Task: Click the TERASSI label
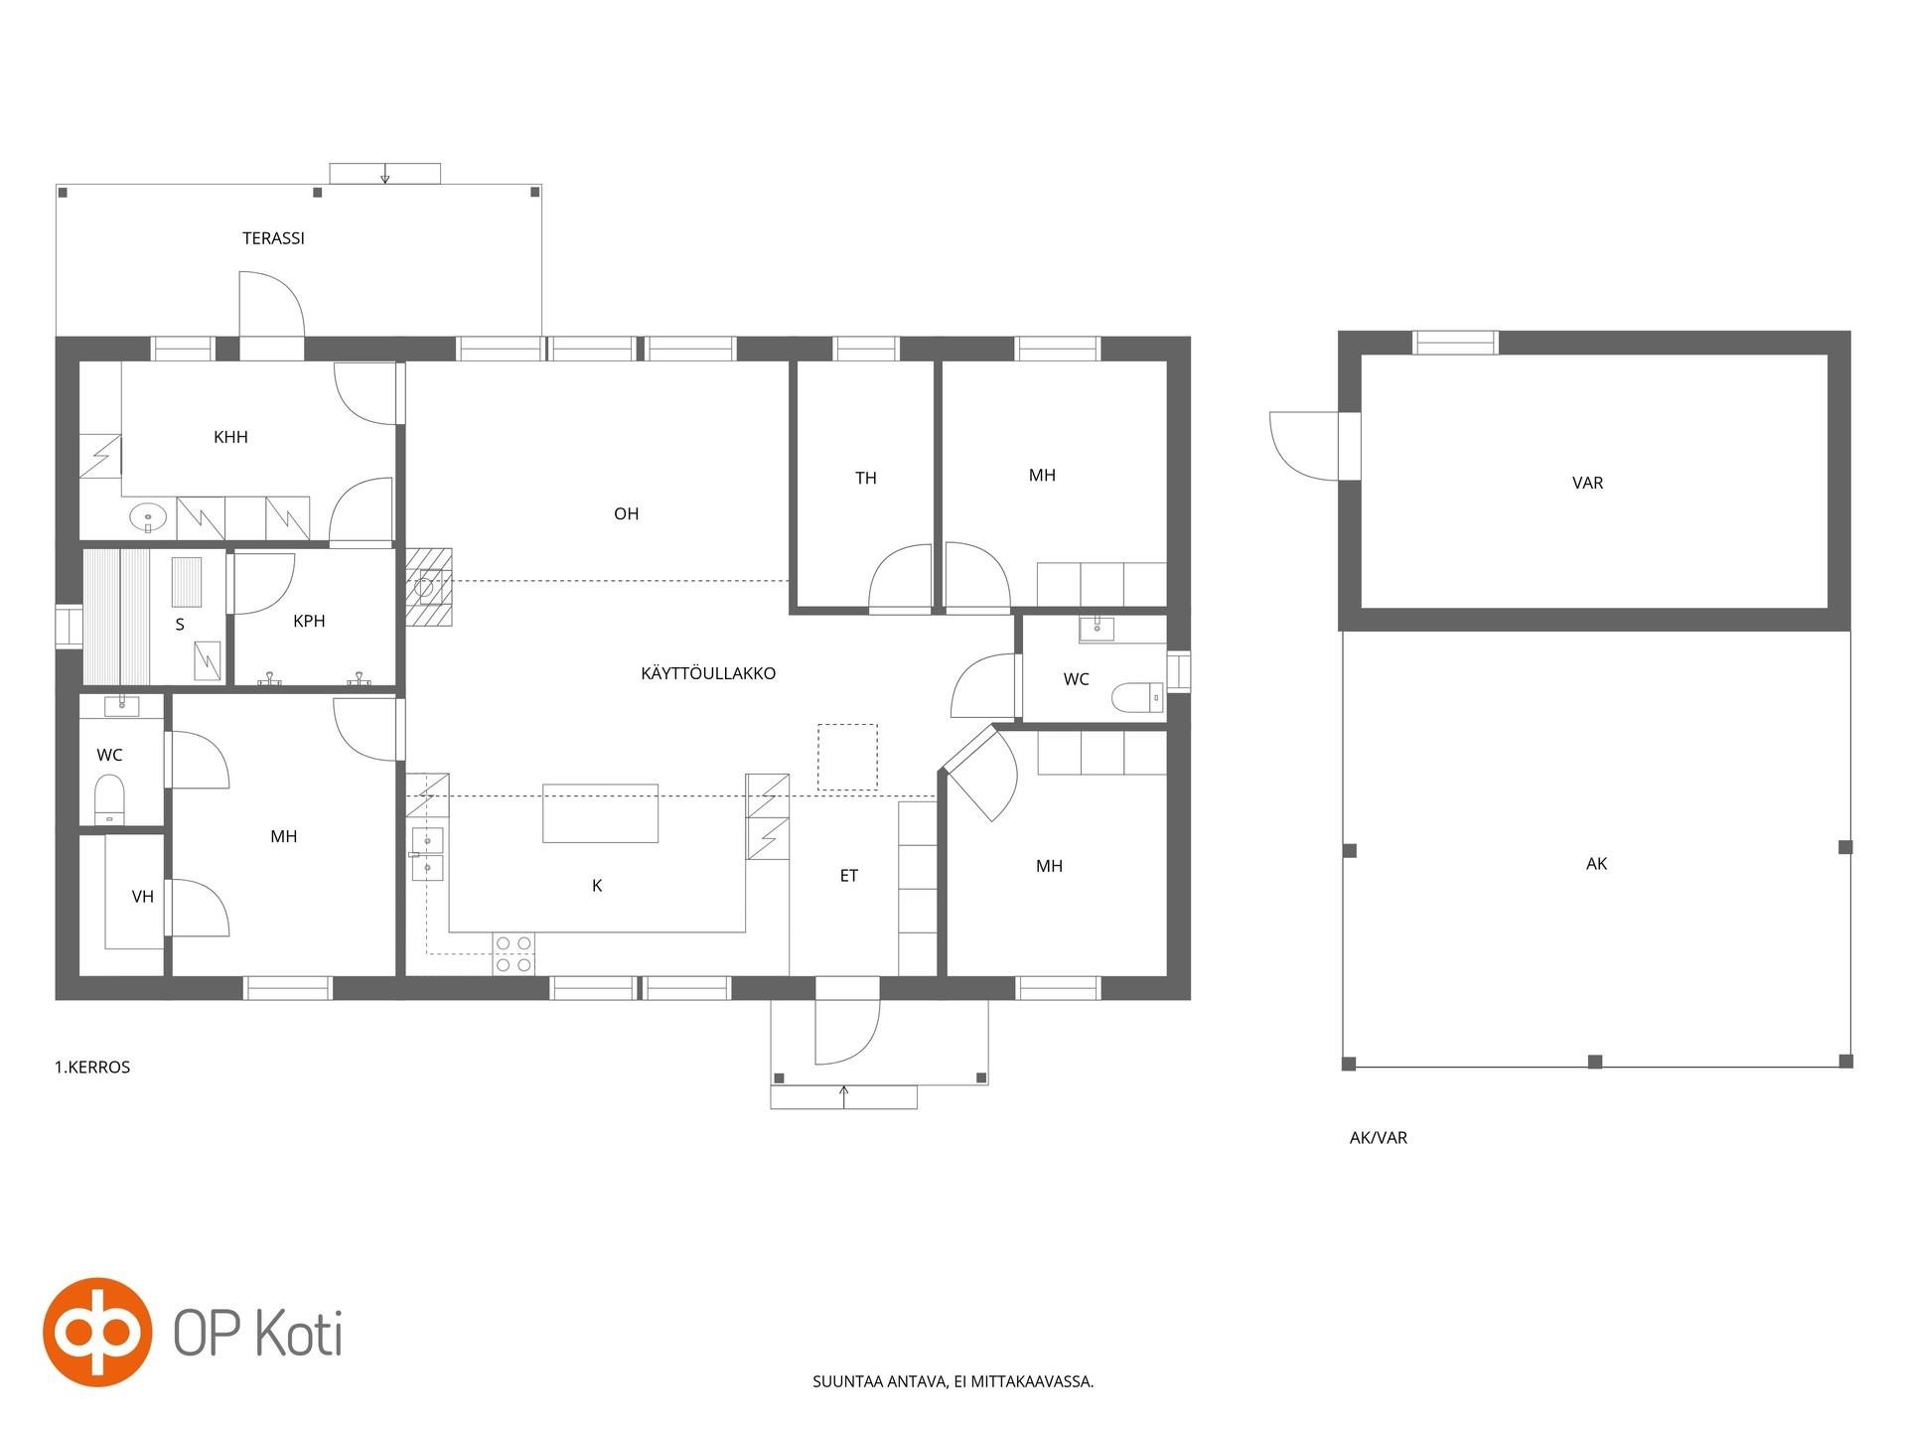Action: [x=273, y=238]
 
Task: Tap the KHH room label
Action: [x=230, y=437]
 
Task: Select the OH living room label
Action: [x=626, y=513]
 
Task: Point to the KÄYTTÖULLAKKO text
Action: [x=708, y=672]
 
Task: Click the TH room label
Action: [x=866, y=479]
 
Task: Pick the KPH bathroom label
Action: [x=309, y=621]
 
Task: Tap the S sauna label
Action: [x=180, y=625]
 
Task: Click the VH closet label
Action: [x=143, y=897]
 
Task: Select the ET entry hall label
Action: [x=849, y=876]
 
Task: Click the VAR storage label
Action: [x=1588, y=483]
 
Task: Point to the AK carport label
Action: [x=1597, y=864]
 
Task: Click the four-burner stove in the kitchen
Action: [x=513, y=953]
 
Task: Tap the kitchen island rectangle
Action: [x=600, y=813]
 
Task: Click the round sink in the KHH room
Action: [x=148, y=517]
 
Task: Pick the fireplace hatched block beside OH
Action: [x=428, y=587]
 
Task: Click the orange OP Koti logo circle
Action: [x=97, y=1332]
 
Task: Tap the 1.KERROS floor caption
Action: [x=92, y=1068]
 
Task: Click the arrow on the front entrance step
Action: [x=844, y=1096]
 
